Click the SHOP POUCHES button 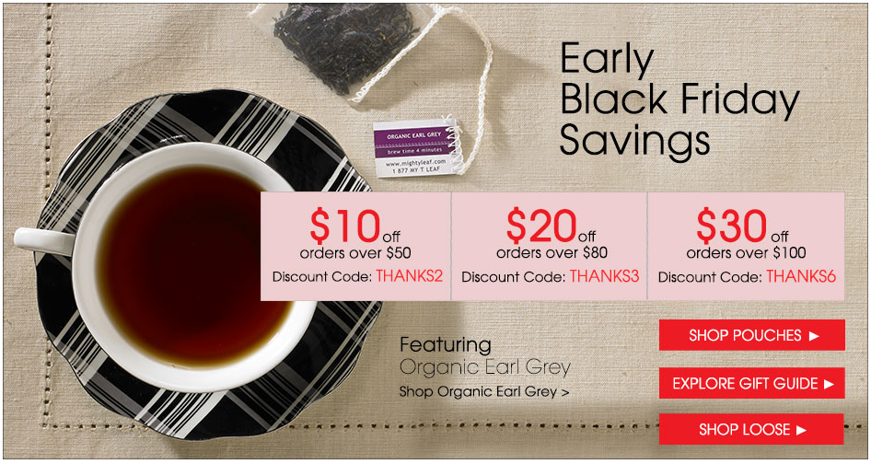point(752,335)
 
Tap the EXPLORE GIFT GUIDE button point(752,383)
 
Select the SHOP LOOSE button point(751,429)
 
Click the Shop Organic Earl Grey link point(483,390)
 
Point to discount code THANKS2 point(409,276)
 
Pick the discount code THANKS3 point(604,276)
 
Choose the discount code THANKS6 point(800,276)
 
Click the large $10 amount point(332,226)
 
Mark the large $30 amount point(731,226)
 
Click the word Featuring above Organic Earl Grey point(446,345)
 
